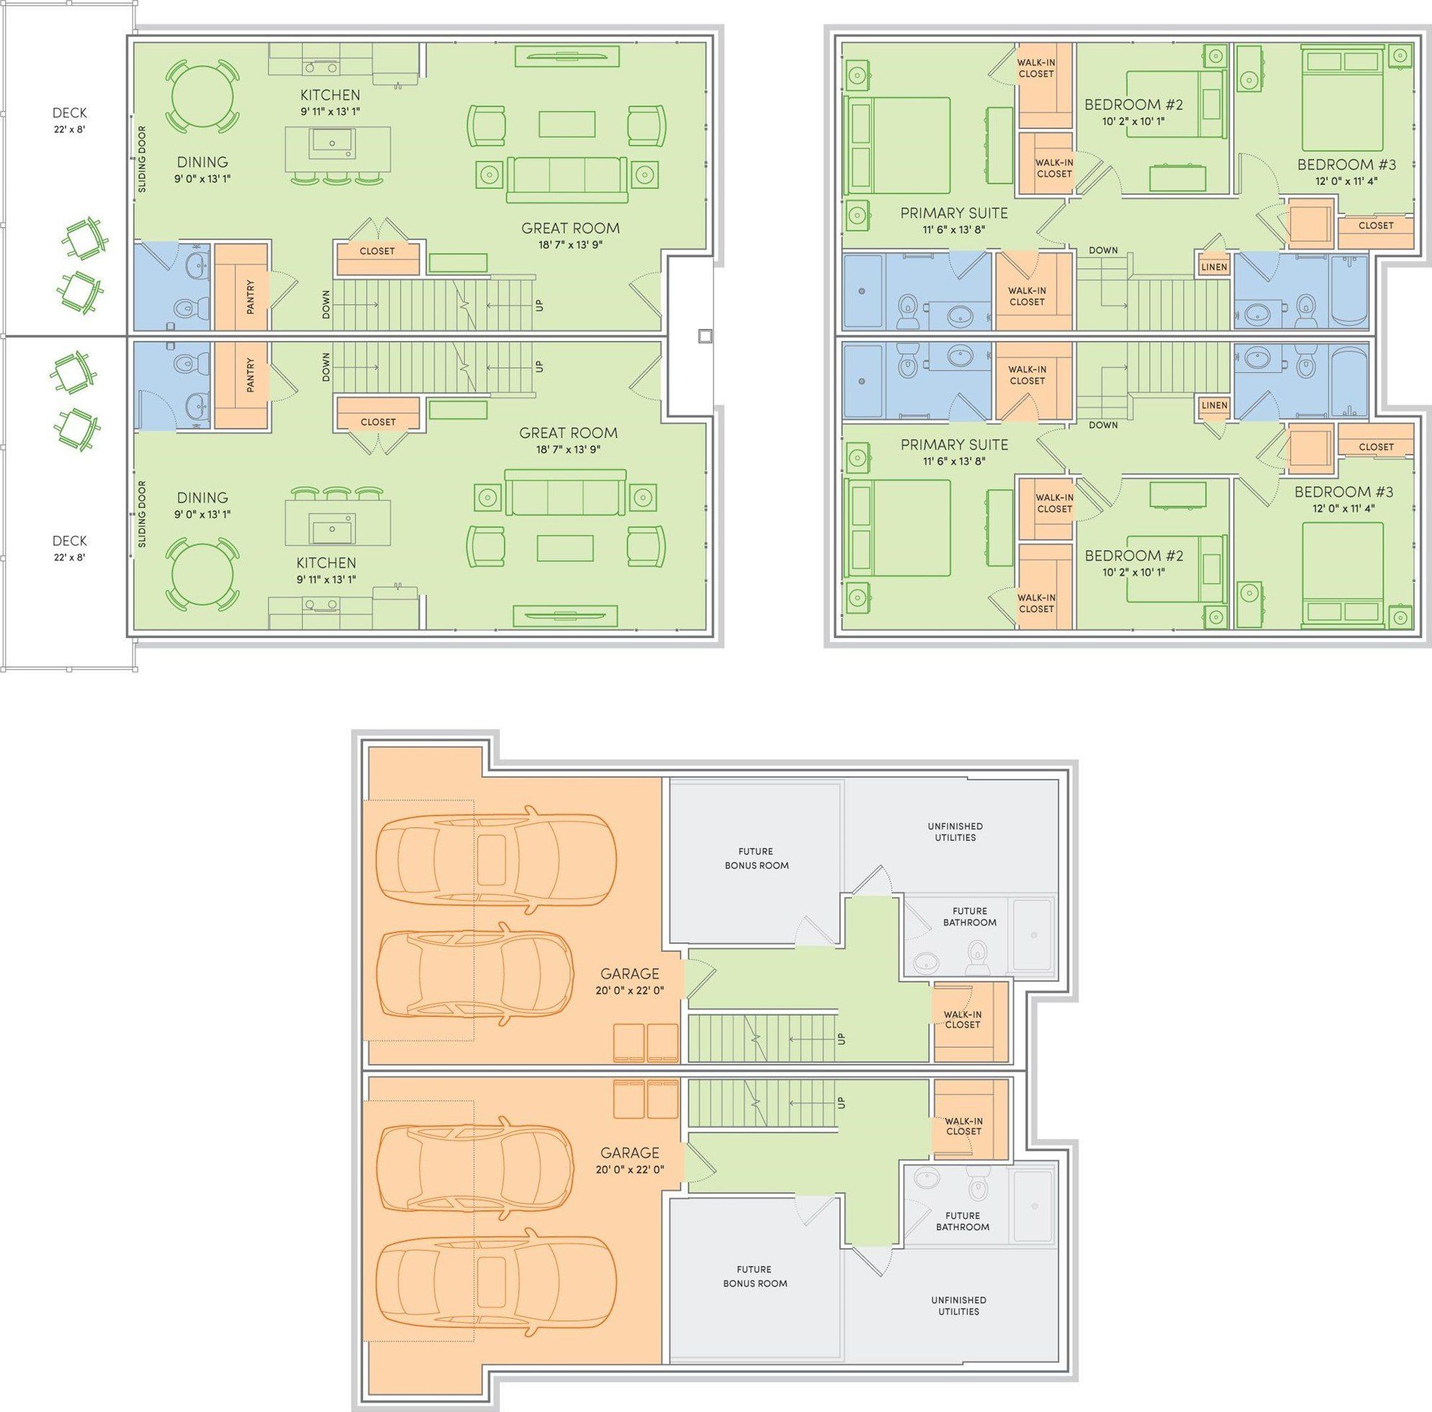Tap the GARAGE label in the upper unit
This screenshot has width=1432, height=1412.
629,974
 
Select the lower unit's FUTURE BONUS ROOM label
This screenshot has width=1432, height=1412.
755,1276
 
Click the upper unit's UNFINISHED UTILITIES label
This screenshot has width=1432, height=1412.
956,831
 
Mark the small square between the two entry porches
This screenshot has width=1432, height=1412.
705,336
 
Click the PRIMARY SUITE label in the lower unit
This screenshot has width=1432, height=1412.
954,444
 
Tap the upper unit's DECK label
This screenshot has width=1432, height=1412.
70,112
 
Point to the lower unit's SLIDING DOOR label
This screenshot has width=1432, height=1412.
142,514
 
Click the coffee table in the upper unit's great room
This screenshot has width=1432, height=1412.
567,124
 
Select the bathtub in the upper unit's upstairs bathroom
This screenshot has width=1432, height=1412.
1349,290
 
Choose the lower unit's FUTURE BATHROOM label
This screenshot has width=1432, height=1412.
963,1222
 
